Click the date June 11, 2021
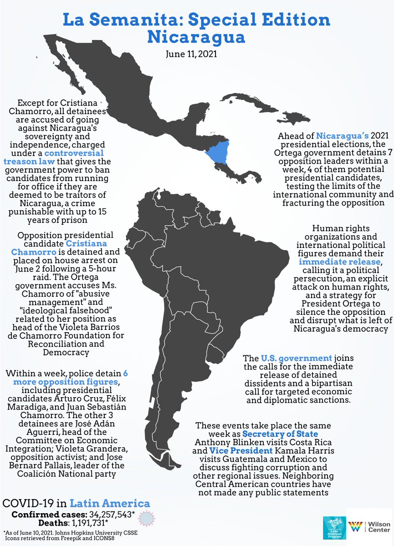(x=197, y=54)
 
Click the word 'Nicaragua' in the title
(x=197, y=36)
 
